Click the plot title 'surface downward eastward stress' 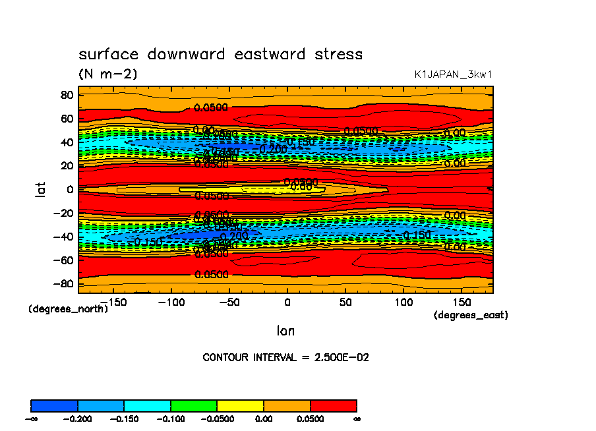tap(220, 54)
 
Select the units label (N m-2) tap(108, 74)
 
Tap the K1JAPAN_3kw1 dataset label tap(452, 74)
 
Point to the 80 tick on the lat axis tap(66, 94)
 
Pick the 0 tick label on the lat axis tap(69, 189)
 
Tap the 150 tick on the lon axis tap(461, 302)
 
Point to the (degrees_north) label tap(68, 308)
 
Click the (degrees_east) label tap(470, 315)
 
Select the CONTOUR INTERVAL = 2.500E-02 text tap(285, 357)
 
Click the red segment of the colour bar tap(333, 405)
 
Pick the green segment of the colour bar tap(194, 405)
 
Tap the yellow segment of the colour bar tap(240, 405)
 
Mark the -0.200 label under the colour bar tap(78, 418)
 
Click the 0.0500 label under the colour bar tap(310, 418)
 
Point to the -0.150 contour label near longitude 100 tap(417, 235)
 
